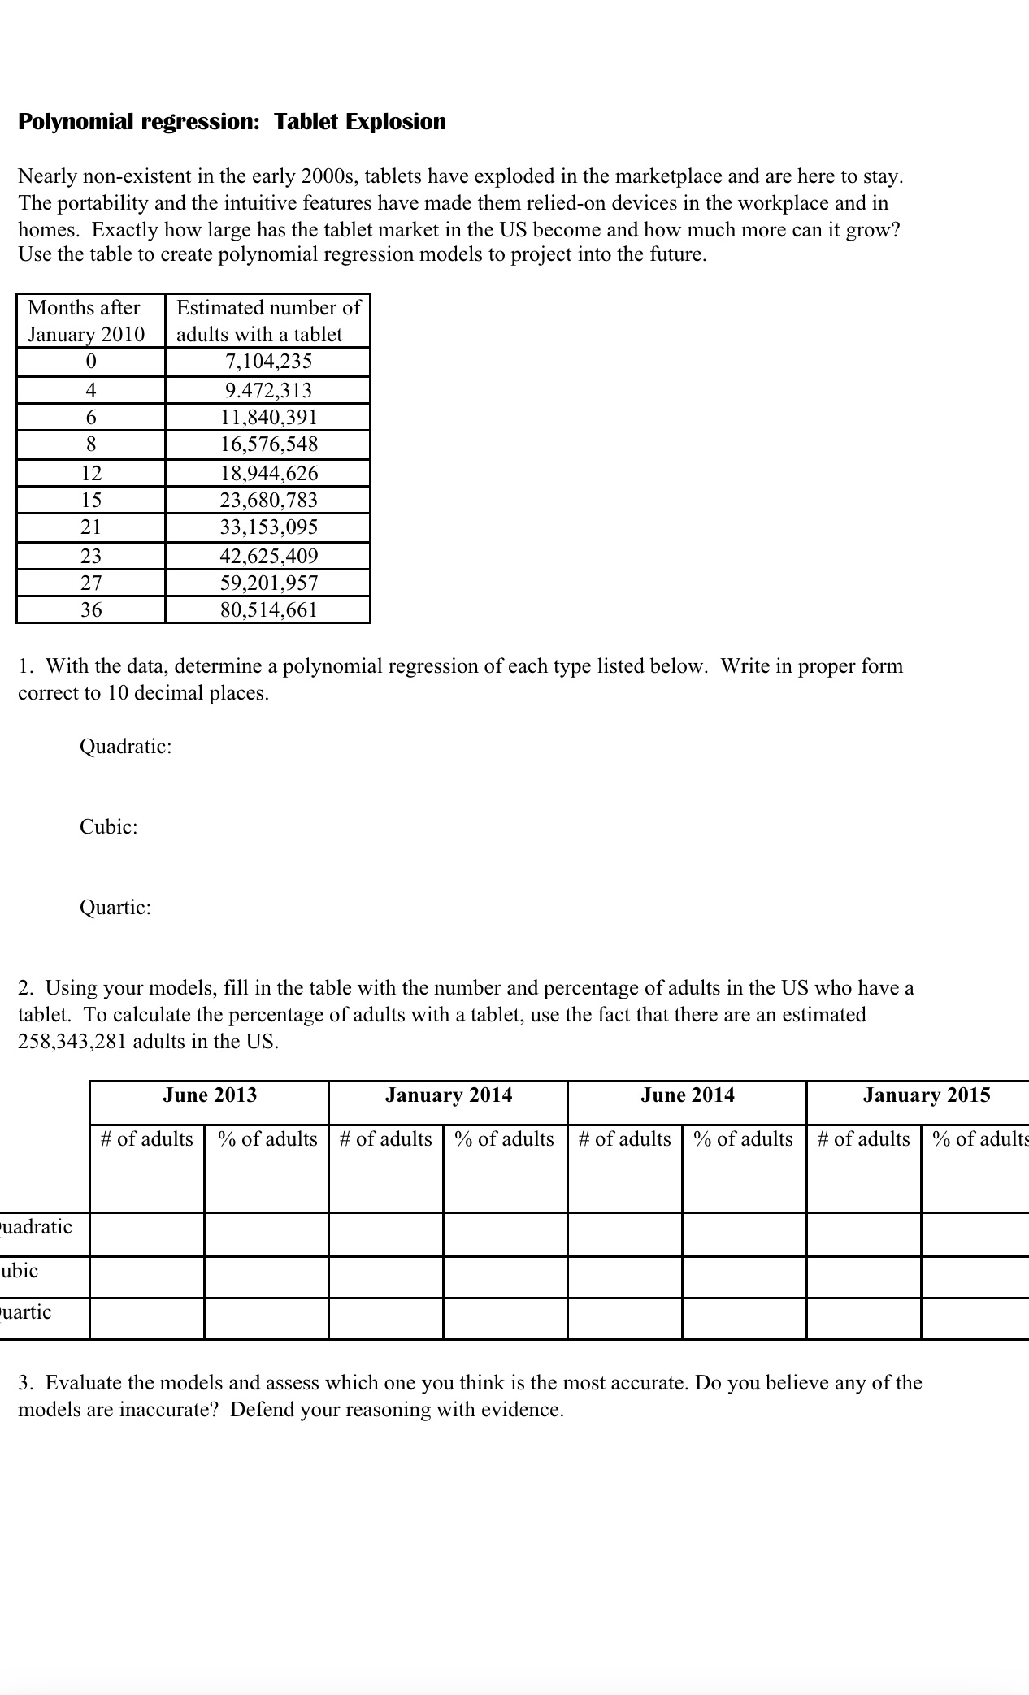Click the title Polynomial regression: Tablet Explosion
pyautogui.click(x=232, y=122)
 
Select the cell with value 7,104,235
pyautogui.click(x=268, y=362)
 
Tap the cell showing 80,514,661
pyautogui.click(x=268, y=610)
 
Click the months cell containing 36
pyautogui.click(x=91, y=610)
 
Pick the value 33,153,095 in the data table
pyautogui.click(x=268, y=527)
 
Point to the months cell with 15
pyautogui.click(x=91, y=501)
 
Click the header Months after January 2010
pyautogui.click(x=86, y=321)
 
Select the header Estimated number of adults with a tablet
pyautogui.click(x=268, y=321)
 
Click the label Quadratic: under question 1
pyautogui.click(x=125, y=747)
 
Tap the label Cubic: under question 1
pyautogui.click(x=108, y=827)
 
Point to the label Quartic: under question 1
pyautogui.click(x=115, y=908)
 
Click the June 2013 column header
pyautogui.click(x=210, y=1095)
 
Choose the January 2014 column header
pyautogui.click(x=449, y=1095)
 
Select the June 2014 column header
pyautogui.click(x=688, y=1095)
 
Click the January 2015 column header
pyautogui.click(x=927, y=1095)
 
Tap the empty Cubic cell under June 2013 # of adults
pyautogui.click(x=147, y=1277)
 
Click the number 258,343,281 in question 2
pyautogui.click(x=72, y=1042)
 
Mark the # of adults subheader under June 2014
pyautogui.click(x=625, y=1139)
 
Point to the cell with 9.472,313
pyautogui.click(x=268, y=391)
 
